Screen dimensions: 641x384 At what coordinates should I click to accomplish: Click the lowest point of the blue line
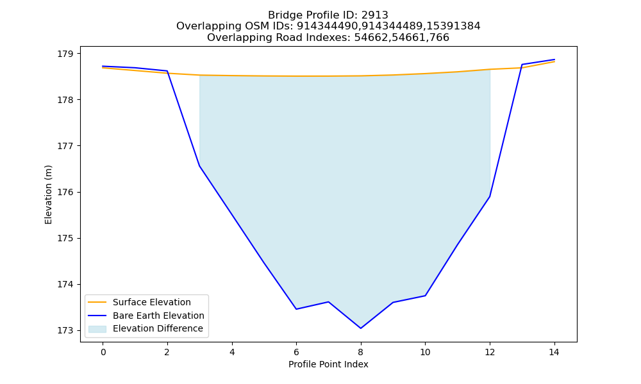click(x=360, y=328)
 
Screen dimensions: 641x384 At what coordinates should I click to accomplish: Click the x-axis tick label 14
click(x=554, y=352)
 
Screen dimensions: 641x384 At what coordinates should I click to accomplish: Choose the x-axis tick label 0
click(x=103, y=352)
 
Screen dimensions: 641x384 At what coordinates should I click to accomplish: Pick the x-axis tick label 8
click(x=360, y=352)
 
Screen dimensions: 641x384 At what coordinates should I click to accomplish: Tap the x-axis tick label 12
click(x=490, y=352)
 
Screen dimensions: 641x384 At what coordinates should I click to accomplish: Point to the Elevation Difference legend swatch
click(x=97, y=329)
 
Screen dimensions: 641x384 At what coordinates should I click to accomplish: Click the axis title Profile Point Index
click(x=328, y=364)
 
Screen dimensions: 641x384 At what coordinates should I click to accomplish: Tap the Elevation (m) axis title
click(x=48, y=195)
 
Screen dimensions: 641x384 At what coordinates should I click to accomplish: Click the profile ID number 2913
click(x=374, y=15)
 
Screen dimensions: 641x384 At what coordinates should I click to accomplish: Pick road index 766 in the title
click(x=439, y=38)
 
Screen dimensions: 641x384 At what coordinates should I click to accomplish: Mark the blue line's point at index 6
click(x=296, y=309)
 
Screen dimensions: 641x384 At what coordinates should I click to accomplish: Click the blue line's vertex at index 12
click(x=490, y=196)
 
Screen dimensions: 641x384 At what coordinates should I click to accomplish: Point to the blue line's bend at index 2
click(x=167, y=71)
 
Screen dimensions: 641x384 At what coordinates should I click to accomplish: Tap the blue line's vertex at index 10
click(x=425, y=296)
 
